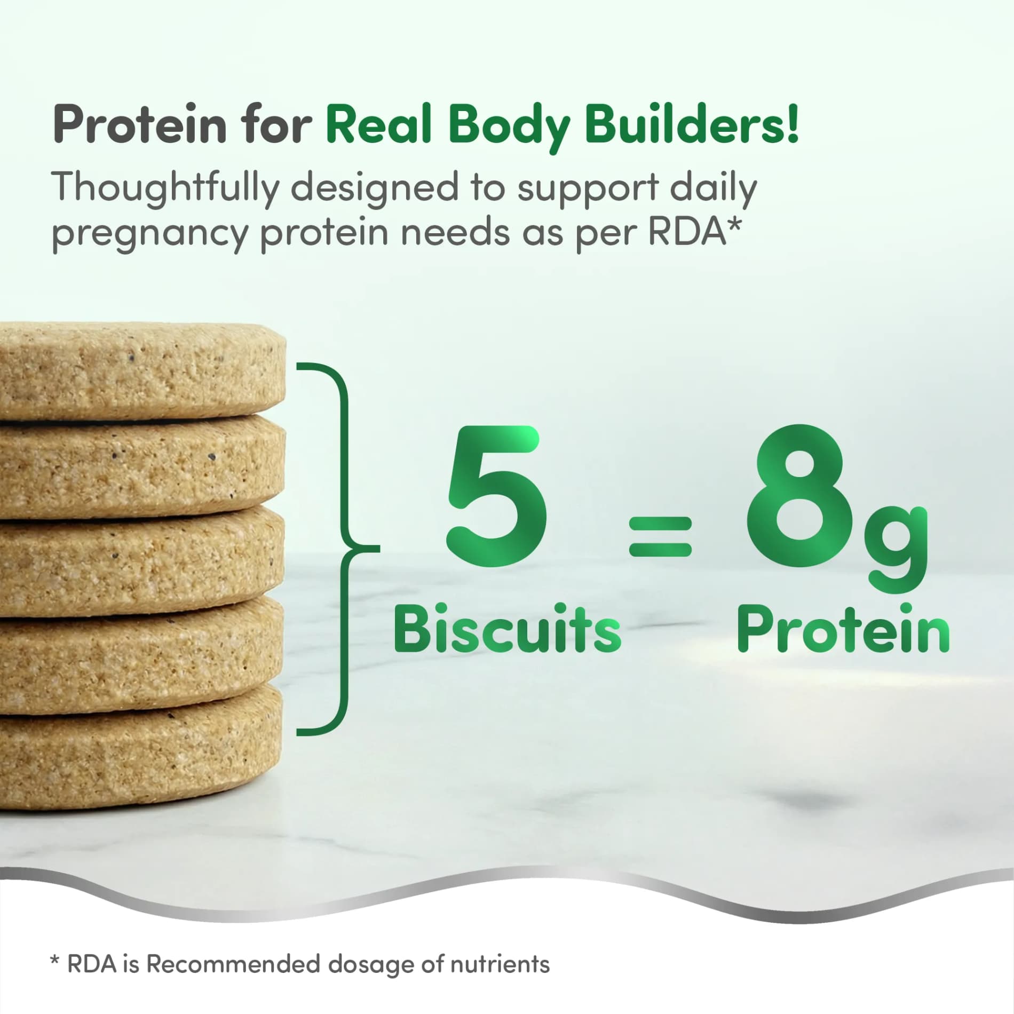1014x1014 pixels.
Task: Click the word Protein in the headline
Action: (139, 124)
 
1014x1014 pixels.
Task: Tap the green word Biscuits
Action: (508, 628)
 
